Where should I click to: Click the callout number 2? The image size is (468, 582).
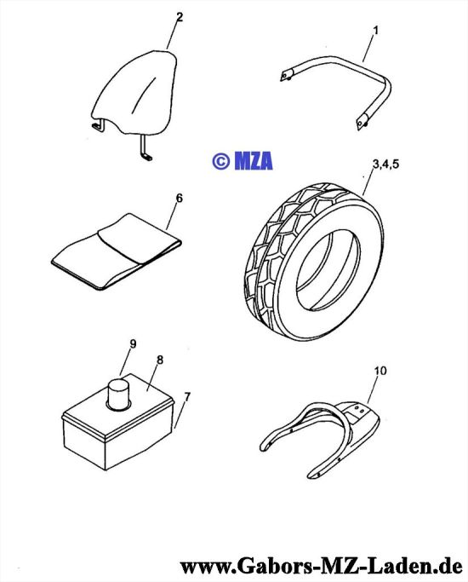coord(180,17)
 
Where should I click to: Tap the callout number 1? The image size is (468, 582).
coord(376,31)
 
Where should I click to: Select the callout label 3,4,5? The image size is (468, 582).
coord(385,164)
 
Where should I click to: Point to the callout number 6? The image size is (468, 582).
coord(180,199)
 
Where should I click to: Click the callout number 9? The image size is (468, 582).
coord(133,344)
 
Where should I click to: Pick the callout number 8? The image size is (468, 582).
coord(160,360)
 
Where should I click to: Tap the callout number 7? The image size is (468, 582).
coord(186,397)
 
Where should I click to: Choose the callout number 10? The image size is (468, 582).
coord(380,371)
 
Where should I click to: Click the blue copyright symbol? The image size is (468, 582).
coord(221,161)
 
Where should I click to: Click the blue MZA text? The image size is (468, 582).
coord(254,161)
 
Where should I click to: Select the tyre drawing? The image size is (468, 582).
coord(313,262)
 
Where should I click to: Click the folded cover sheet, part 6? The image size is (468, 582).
coord(116,251)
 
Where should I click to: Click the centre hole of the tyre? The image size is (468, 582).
coord(328,272)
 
